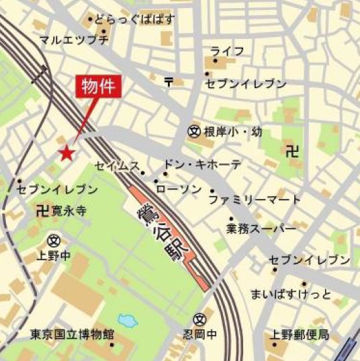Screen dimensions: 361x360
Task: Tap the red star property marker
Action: point(66,154)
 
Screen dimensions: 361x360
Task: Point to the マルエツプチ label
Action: point(74,40)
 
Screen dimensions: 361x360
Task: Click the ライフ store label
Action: point(227,52)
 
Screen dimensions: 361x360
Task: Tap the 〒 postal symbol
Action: point(169,81)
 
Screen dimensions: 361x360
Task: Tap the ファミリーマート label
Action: point(255,200)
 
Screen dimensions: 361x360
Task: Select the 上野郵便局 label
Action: point(300,334)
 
